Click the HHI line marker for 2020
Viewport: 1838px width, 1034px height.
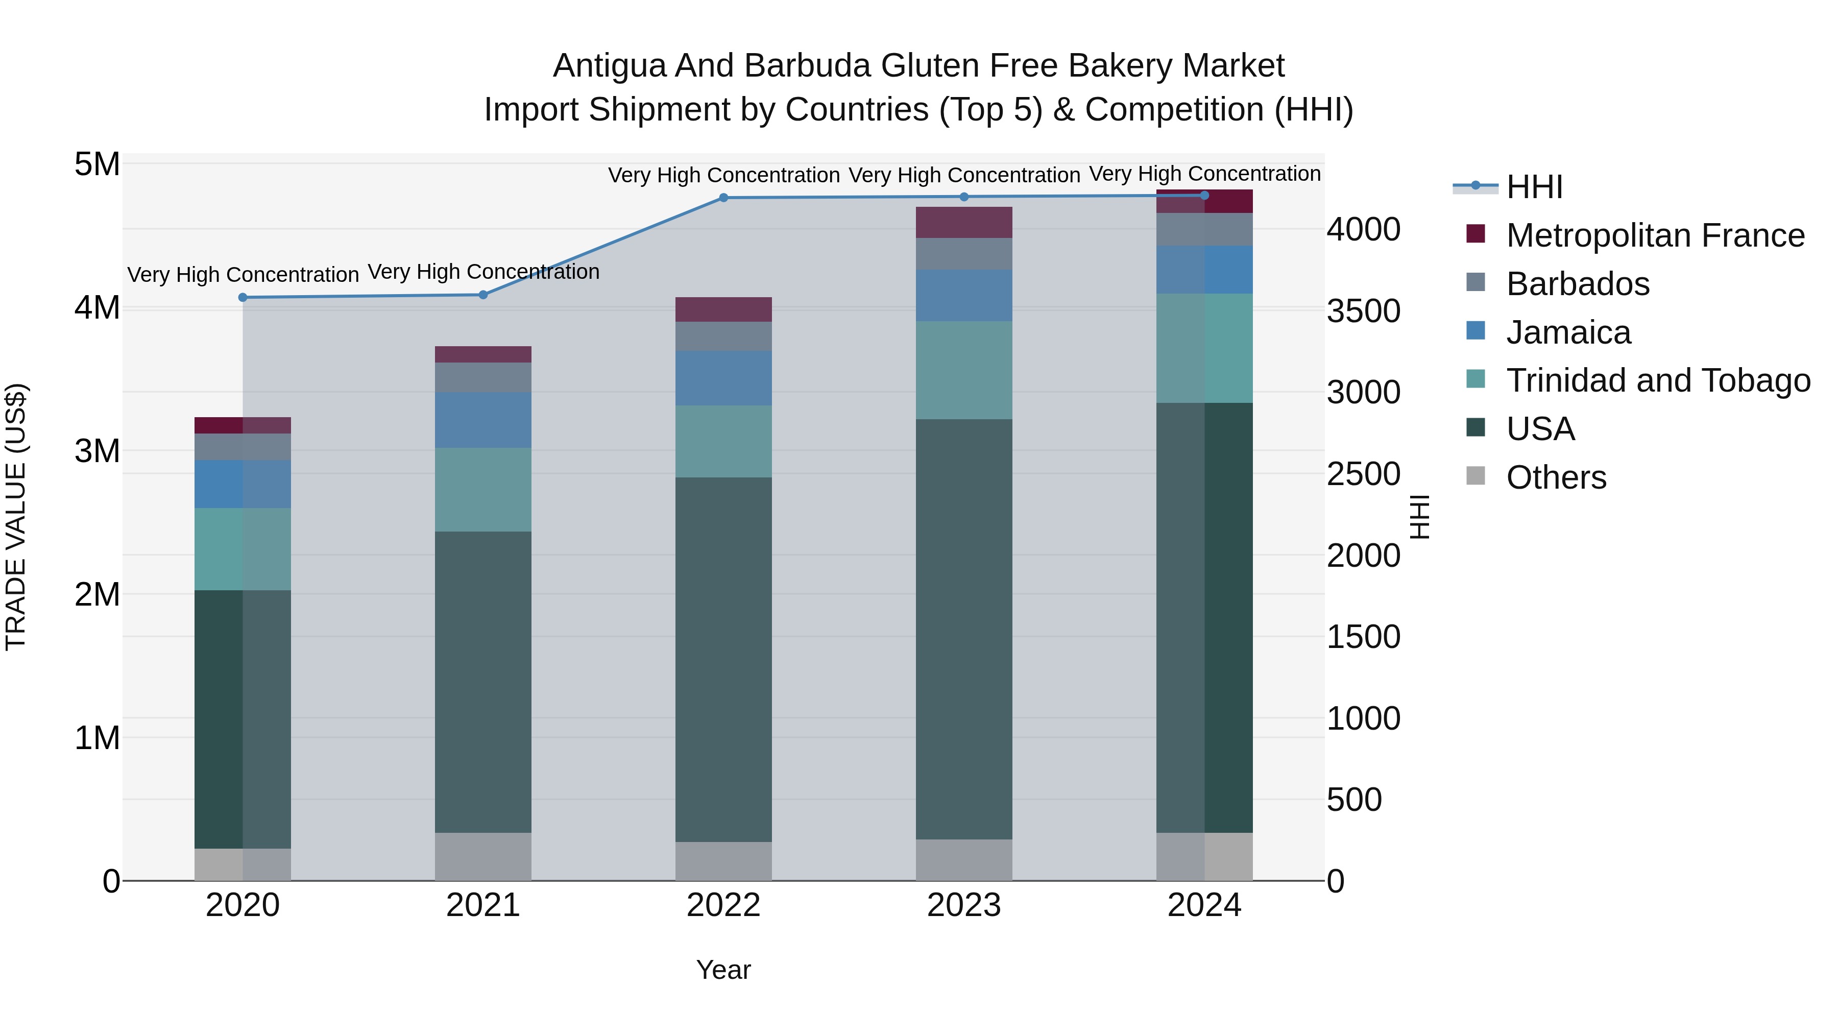(243, 298)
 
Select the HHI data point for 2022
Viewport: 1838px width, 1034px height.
(723, 198)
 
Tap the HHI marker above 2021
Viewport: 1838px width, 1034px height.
(483, 295)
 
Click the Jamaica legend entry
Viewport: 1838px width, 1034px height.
(1568, 332)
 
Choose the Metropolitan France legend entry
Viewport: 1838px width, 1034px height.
(1655, 235)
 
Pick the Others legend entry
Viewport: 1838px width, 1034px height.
(1556, 477)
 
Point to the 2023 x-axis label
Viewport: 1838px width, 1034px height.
(964, 905)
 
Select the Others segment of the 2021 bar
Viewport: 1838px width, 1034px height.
(483, 856)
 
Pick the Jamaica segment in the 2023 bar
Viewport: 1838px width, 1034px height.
(964, 296)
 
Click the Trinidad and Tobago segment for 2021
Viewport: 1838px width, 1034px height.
(483, 490)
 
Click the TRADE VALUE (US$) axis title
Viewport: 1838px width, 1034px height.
(16, 517)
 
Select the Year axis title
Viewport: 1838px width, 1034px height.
(723, 970)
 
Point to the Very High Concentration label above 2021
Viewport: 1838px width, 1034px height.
(483, 272)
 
